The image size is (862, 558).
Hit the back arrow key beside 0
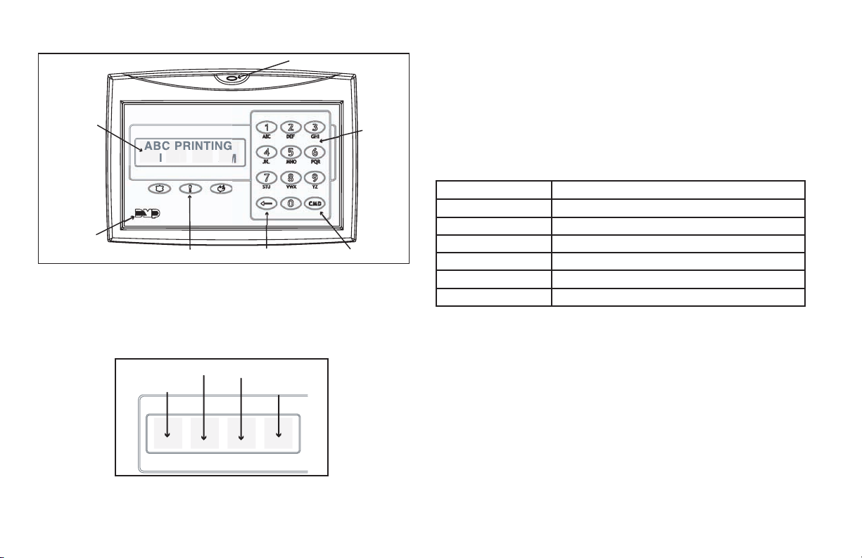pos(265,203)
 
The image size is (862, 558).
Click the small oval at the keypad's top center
pos(241,77)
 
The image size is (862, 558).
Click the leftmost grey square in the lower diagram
pos(167,433)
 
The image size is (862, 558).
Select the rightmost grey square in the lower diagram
pos(278,433)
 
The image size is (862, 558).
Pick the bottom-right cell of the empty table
pos(678,298)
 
